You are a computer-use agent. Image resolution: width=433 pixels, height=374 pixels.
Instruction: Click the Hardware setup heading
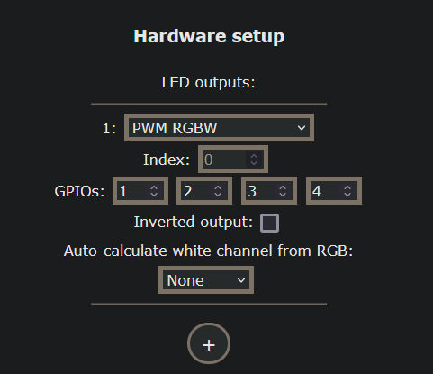209,37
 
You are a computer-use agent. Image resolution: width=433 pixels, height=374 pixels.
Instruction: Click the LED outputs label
209,82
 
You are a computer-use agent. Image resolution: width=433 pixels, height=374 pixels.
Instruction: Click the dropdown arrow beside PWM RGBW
301,128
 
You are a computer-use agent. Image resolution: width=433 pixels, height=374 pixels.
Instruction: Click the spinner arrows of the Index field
254,160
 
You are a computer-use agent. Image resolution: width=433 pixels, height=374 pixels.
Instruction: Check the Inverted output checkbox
269,222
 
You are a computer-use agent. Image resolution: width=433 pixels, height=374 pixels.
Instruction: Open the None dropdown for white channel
206,280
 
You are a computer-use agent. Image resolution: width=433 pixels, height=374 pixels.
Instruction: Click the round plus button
209,344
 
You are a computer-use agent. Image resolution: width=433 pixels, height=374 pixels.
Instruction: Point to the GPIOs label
79,191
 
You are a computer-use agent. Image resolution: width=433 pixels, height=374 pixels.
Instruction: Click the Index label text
167,160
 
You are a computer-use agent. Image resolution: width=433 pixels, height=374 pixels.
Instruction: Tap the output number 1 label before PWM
109,128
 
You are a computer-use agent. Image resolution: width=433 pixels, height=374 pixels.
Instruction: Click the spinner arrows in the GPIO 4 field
348,191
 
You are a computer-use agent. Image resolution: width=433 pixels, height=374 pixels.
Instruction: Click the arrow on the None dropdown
240,280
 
